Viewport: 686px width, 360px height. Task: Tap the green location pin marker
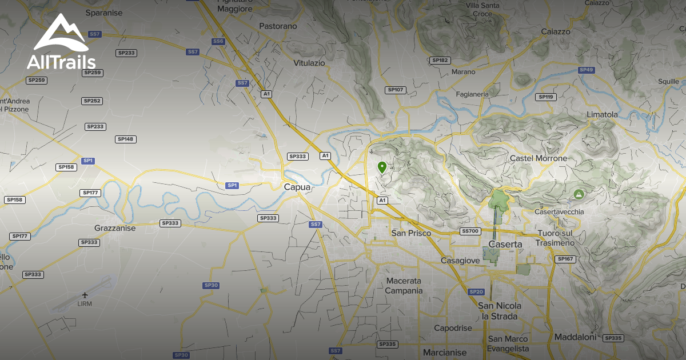(382, 167)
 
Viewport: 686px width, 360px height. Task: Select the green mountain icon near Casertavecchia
(579, 194)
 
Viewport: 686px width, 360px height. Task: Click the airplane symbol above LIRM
(85, 295)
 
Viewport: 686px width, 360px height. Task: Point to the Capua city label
(297, 186)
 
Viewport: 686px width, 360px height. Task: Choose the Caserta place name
(505, 244)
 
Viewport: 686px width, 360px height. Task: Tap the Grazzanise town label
(115, 228)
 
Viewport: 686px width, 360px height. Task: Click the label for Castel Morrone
(539, 158)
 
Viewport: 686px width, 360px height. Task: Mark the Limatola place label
(602, 114)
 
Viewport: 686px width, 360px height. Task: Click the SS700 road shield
(470, 231)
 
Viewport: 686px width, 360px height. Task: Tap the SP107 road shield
(396, 90)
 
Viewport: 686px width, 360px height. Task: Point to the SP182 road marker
(440, 60)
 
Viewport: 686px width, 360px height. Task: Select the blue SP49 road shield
(586, 70)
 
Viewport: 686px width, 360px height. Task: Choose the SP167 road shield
(564, 259)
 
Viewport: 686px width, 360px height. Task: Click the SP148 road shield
(126, 139)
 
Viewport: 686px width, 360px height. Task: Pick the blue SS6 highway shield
(218, 41)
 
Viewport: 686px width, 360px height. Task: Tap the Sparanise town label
(105, 12)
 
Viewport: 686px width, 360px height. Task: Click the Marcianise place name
(445, 352)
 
